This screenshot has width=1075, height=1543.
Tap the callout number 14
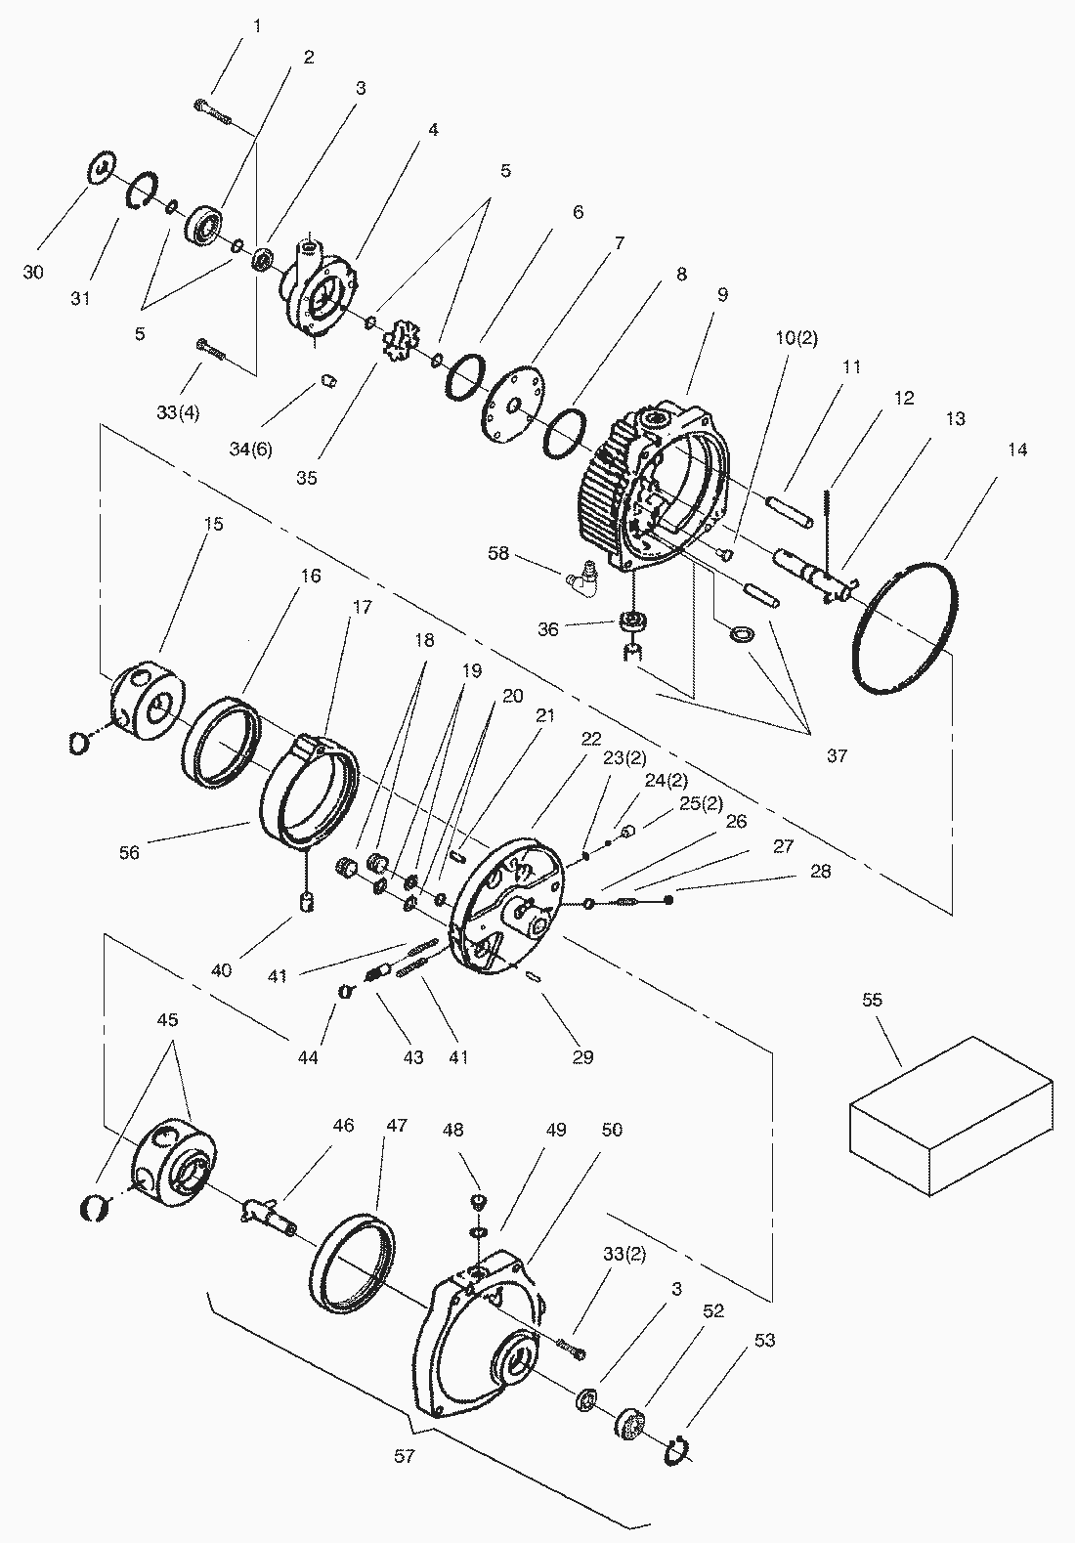click(1018, 450)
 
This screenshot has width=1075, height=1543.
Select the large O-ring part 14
click(905, 626)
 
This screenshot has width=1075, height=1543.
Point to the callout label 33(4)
click(177, 412)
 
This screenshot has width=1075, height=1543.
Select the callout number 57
click(405, 1456)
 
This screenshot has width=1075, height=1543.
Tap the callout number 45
click(167, 1019)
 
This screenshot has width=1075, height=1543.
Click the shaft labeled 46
click(267, 1214)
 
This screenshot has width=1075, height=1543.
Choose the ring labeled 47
click(354, 1261)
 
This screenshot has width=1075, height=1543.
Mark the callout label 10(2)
click(795, 338)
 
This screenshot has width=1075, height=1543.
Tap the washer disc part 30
click(102, 167)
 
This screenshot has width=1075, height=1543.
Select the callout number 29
click(582, 1056)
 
